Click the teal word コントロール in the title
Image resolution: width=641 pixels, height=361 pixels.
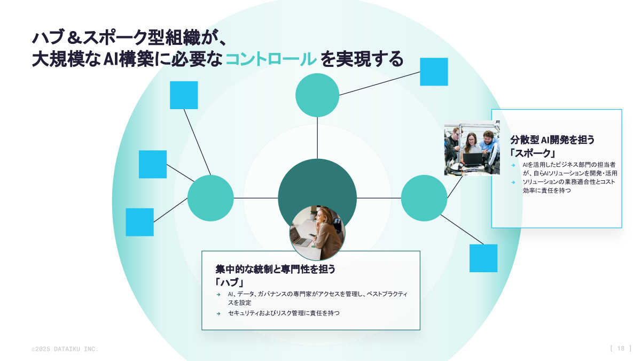click(x=271, y=59)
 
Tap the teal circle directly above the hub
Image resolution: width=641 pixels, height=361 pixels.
click(x=317, y=95)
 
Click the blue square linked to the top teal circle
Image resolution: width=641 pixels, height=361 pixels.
click(x=434, y=72)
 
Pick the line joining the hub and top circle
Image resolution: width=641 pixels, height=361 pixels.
click(x=317, y=138)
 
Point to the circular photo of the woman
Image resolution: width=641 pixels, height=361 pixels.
click(x=317, y=233)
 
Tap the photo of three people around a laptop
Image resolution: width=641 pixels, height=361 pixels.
click(x=472, y=148)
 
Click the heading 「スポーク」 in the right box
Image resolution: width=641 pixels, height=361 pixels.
click(x=533, y=153)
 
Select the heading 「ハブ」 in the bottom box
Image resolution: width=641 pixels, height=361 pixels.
click(x=230, y=282)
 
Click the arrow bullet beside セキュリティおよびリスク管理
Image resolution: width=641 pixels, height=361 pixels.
click(x=218, y=313)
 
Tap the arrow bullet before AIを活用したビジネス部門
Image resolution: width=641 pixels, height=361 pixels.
click(x=513, y=165)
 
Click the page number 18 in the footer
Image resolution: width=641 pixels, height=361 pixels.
click(x=621, y=348)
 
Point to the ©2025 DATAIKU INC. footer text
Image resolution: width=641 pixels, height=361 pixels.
click(x=65, y=349)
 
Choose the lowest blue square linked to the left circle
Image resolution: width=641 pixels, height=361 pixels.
click(x=139, y=222)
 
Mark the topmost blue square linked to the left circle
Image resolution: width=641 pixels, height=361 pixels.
click(x=184, y=95)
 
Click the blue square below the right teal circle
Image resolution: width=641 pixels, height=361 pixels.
click(x=483, y=258)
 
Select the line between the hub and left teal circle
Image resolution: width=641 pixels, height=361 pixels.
click(x=256, y=198)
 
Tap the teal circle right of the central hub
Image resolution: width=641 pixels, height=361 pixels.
click(x=424, y=198)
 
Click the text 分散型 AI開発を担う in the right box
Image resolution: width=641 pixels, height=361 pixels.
click(x=552, y=140)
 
